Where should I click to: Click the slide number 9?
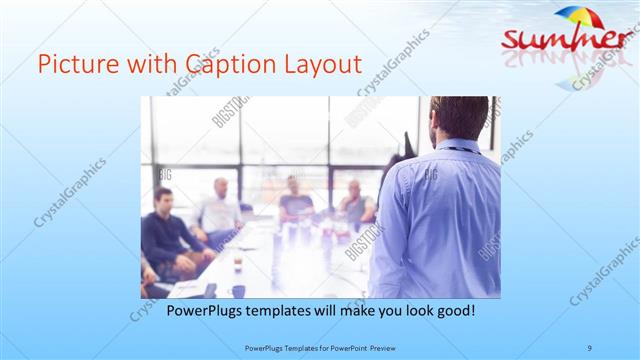click(590, 348)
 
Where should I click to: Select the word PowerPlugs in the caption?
click(199, 311)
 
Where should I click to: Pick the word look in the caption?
click(413, 311)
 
